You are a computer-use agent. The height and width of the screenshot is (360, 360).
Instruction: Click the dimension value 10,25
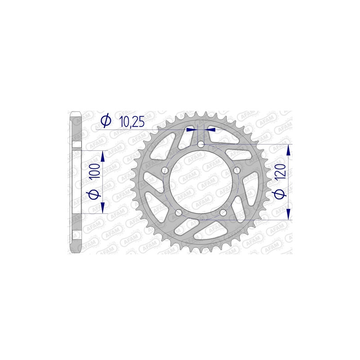pyautogui.click(x=131, y=121)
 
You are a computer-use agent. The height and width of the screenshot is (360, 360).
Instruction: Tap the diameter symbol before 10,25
pyautogui.click(x=106, y=121)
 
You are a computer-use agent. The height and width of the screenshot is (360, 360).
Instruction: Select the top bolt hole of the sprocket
pyautogui.click(x=201, y=144)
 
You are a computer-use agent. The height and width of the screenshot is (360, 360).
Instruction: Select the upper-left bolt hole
pyautogui.click(x=165, y=170)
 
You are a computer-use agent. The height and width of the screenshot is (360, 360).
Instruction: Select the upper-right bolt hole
pyautogui.click(x=237, y=170)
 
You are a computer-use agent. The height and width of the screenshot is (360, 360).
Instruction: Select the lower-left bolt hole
pyautogui.click(x=179, y=212)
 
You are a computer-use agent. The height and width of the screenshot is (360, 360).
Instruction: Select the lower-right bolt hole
pyautogui.click(x=223, y=212)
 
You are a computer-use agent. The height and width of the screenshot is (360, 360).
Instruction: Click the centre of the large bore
pyautogui.click(x=201, y=182)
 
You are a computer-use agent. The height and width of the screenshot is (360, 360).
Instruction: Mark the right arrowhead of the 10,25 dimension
pyautogui.click(x=210, y=129)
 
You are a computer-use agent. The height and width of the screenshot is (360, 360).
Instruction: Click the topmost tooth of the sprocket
pyautogui.click(x=201, y=114)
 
